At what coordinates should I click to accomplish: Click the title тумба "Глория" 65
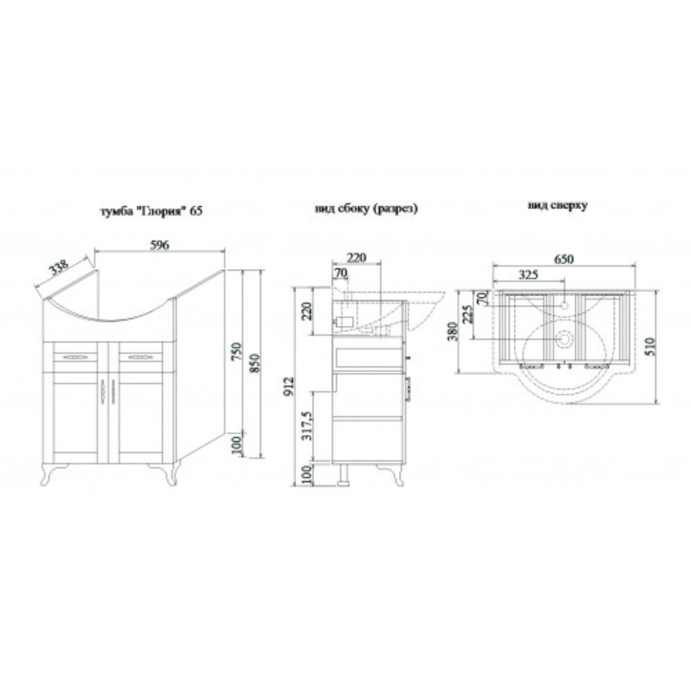[151, 212]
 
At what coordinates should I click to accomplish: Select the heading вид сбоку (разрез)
[366, 209]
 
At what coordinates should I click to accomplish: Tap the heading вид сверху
[558, 205]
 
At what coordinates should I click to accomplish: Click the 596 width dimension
[160, 245]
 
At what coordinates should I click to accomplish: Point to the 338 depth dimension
[59, 268]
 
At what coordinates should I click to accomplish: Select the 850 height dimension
[255, 364]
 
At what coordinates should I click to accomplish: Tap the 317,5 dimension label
[307, 425]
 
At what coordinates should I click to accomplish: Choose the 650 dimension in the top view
[564, 259]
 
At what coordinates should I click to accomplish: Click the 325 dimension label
[528, 274]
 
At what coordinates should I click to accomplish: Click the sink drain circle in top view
[564, 339]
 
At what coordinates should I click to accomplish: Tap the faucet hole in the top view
[564, 305]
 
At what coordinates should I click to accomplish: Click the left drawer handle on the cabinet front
[76, 357]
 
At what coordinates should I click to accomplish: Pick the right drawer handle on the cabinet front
[140, 357]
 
